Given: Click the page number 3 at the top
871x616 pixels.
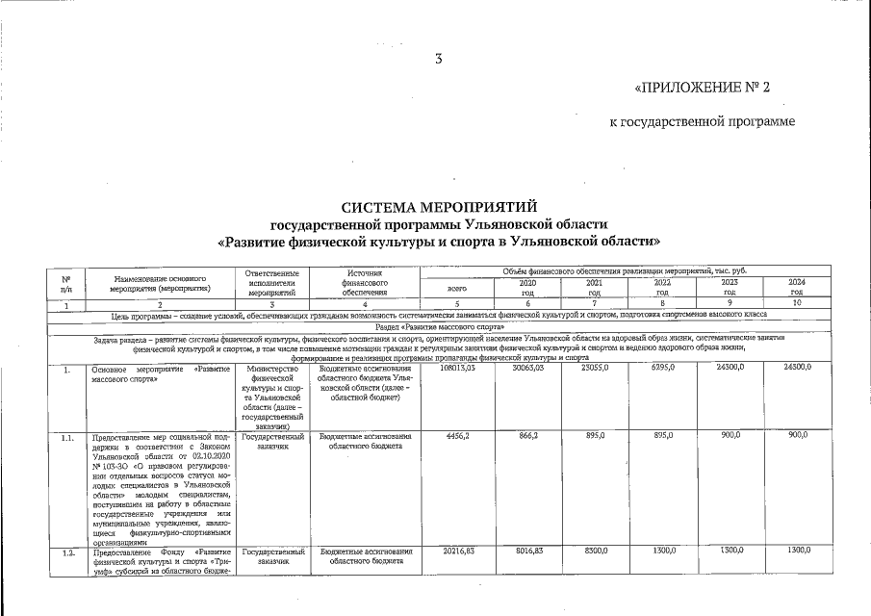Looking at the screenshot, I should pos(439,59).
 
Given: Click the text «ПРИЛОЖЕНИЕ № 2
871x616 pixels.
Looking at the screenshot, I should pos(703,89).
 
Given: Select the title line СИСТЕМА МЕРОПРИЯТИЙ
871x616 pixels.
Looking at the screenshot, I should pos(439,207).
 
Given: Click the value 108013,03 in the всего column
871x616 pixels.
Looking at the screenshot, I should pos(458,368).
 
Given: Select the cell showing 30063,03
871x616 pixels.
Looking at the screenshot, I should pos(527,368).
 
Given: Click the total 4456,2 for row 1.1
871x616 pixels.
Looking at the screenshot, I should pos(458,436).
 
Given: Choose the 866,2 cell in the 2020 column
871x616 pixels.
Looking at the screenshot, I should pos(527,436).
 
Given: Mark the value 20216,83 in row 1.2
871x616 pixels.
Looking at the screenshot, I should pos(458,551).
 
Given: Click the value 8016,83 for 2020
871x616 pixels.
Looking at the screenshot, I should pos(527,551).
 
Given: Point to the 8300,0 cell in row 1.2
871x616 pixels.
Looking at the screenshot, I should pos(595,551).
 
